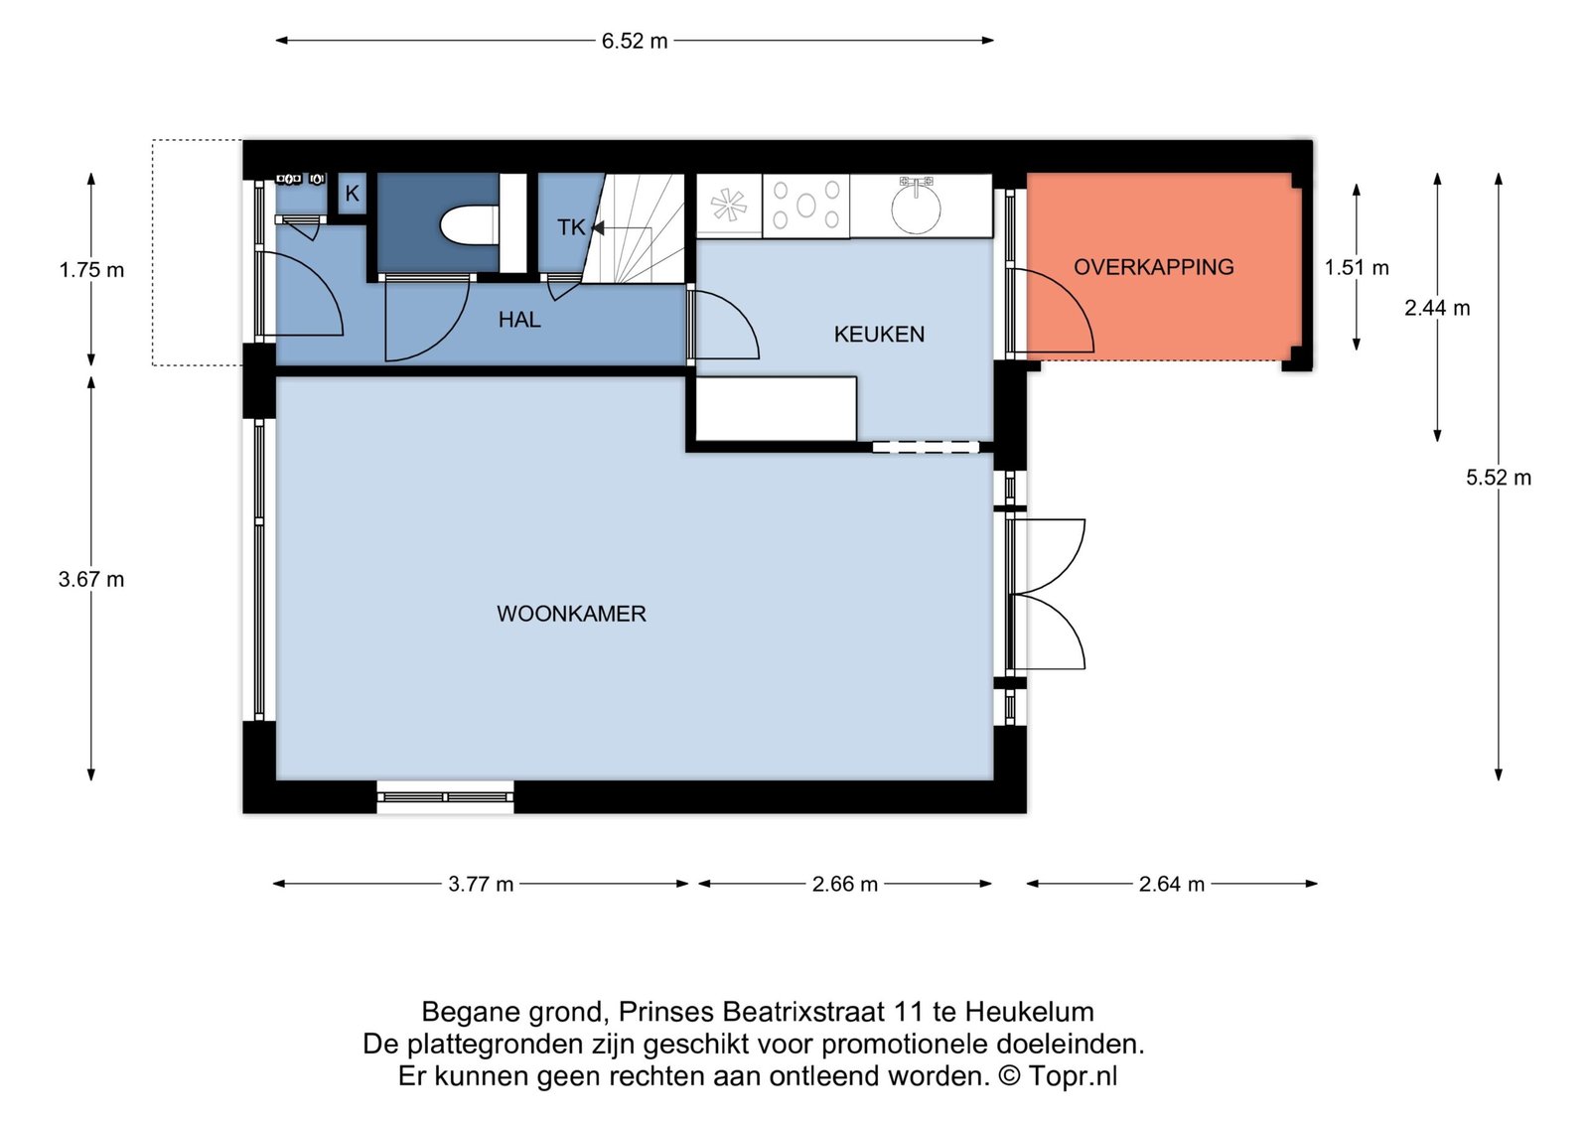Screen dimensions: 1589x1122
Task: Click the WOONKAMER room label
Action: (x=571, y=614)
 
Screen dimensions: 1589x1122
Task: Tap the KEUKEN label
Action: (x=879, y=334)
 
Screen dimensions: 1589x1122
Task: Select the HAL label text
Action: (x=519, y=319)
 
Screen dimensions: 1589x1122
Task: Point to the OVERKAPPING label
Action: (x=1153, y=267)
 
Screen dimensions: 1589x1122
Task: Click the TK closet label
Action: (x=571, y=227)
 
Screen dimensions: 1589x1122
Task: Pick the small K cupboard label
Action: (x=352, y=193)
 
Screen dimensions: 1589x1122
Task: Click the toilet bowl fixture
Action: (x=470, y=225)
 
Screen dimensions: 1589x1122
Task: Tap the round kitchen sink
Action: (x=916, y=208)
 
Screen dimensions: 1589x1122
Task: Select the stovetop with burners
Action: (x=805, y=206)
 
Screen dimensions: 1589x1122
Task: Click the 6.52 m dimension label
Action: (x=635, y=41)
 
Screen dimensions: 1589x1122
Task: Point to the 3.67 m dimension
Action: (x=91, y=580)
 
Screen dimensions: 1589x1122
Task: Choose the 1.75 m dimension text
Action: (x=91, y=270)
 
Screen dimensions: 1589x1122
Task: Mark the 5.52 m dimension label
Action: (x=1499, y=478)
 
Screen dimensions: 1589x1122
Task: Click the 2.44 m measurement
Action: (x=1437, y=308)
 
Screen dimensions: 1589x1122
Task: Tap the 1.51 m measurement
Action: (x=1357, y=267)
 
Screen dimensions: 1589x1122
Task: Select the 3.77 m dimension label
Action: (x=481, y=885)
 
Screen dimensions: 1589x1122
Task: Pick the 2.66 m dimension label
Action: (x=845, y=885)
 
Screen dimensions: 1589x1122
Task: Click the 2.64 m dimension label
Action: (x=1172, y=885)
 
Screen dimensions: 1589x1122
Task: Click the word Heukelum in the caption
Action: (x=1029, y=1012)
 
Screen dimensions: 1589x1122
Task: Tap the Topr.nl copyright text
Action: (x=1073, y=1076)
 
